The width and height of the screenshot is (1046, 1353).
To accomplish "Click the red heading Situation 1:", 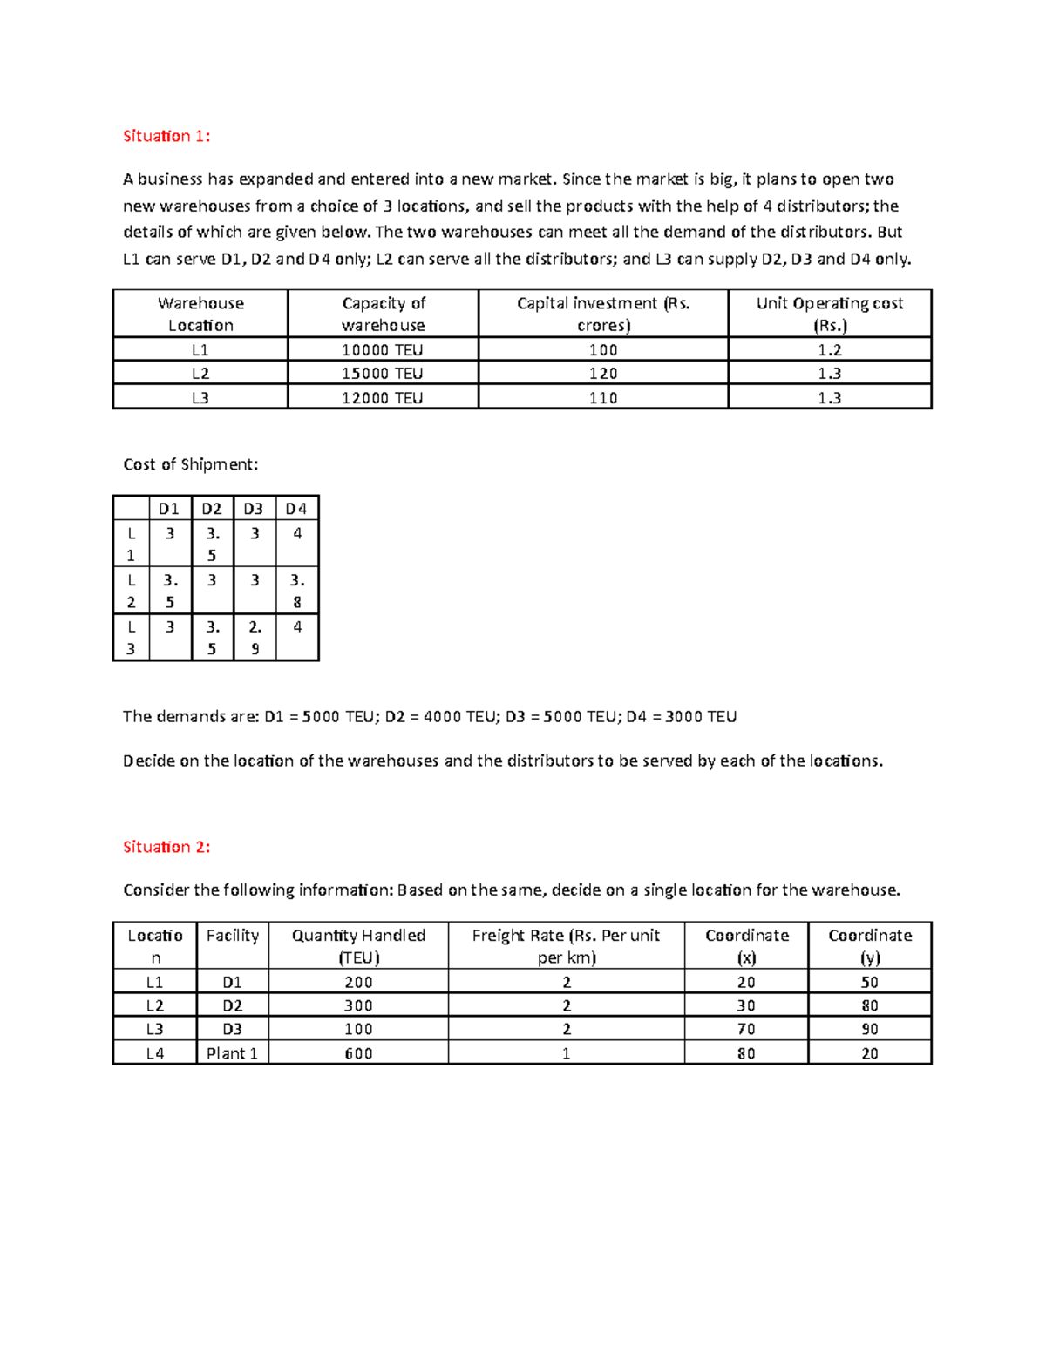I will pos(166,136).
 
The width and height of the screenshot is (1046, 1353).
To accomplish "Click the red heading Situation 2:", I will pos(166,847).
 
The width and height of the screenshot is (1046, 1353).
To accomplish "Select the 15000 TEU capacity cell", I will pos(383,374).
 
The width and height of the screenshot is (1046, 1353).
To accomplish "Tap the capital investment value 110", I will pos(602,398).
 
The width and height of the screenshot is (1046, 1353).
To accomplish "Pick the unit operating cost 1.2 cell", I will pos(829,350).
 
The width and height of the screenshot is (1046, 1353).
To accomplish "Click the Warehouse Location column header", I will pos(200,315).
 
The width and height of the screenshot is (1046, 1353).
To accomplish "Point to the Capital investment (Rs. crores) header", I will pos(602,315).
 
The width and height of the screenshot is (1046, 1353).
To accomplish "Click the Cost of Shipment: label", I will pos(191,464).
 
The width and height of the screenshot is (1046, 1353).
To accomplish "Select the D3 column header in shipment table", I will pos(254,509).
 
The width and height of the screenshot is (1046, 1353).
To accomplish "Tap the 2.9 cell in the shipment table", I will pos(255,638).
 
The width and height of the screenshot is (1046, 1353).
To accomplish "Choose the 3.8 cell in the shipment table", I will pos(297,591).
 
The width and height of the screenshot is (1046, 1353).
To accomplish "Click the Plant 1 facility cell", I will pos(232,1053).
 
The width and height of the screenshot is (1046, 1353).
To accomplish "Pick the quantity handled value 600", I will pos(358,1053).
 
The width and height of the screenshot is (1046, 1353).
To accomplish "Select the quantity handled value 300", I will pos(358,1005).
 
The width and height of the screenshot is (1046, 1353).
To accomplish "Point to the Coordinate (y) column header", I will pos(869,946).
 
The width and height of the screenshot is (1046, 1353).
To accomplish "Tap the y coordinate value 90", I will pos(869,1029).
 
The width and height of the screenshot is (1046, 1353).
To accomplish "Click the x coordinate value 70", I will pos(746,1029).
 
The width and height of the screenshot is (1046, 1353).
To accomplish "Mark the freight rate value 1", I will pos(566,1053).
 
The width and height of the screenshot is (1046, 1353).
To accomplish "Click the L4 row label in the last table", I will pos(155,1053).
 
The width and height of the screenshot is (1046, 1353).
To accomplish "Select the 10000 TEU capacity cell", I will pos(383,350).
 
